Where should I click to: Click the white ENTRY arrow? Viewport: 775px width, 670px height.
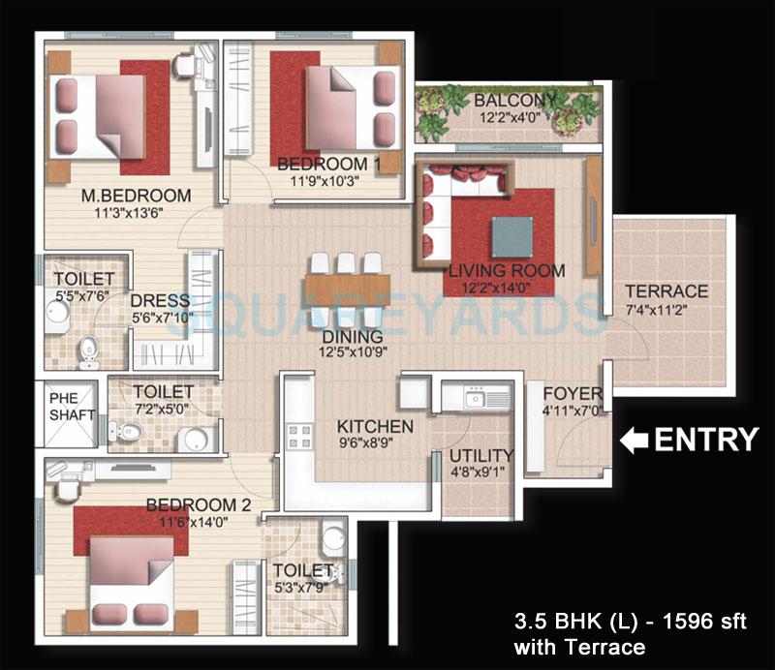[634, 442]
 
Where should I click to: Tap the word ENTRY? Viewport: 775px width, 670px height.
[705, 441]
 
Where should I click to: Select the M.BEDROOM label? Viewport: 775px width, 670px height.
[137, 196]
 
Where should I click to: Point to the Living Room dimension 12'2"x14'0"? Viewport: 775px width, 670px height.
[506, 289]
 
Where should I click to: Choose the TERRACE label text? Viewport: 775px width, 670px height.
[666, 291]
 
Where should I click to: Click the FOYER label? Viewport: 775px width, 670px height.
[572, 394]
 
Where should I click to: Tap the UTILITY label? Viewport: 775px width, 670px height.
[480, 456]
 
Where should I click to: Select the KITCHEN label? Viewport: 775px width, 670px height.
[375, 427]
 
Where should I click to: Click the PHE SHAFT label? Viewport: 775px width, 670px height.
[72, 406]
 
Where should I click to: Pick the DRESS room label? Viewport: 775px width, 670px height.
[152, 300]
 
